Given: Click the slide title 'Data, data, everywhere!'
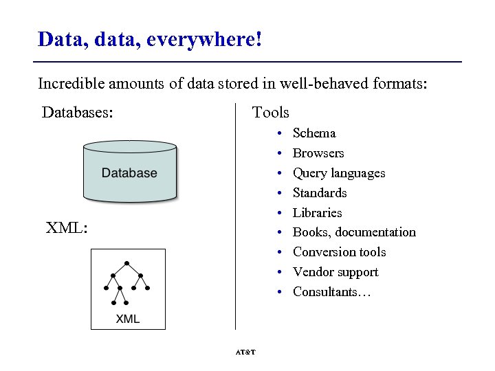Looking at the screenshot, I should point(150,39).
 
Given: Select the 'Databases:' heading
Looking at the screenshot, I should point(78,112).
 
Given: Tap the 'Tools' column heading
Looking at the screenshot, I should point(270,112).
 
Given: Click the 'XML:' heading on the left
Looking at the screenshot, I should point(66,227).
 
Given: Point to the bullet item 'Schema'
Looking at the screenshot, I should point(313,133).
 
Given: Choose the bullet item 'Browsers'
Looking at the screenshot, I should point(318,153).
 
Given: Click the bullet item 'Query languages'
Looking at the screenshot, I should point(338,173).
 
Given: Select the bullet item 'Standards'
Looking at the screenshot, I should point(319,193).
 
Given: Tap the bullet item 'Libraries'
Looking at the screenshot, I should point(317,213).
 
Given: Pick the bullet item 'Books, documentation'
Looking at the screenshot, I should point(354,232).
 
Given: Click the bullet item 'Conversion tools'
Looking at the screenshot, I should point(339,252).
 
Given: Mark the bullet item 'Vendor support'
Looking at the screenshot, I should point(335,272).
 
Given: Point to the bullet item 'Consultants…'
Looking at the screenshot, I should point(331,292).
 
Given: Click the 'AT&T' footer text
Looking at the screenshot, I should point(245,352).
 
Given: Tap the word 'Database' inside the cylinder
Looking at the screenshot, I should point(129,173).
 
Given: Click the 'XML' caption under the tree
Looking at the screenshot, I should point(128,319).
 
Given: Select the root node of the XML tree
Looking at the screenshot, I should point(127,263).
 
